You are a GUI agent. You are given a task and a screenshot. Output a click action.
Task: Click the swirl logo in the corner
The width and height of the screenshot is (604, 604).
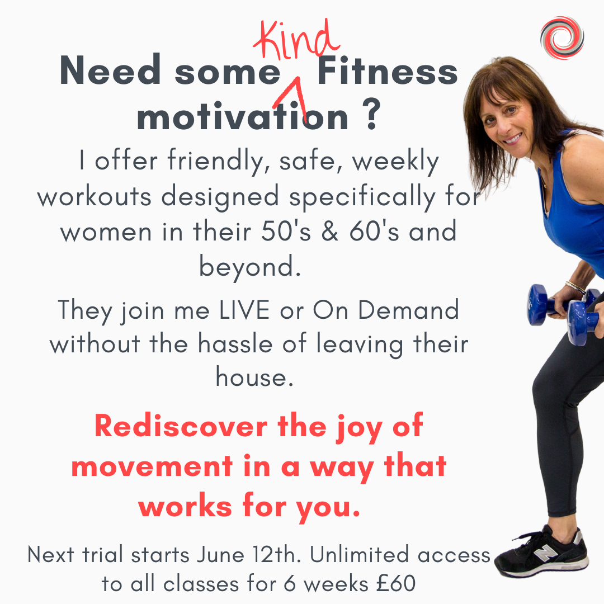[x=562, y=37]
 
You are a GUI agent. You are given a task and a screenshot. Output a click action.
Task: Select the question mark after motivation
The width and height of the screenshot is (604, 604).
[x=371, y=116]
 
